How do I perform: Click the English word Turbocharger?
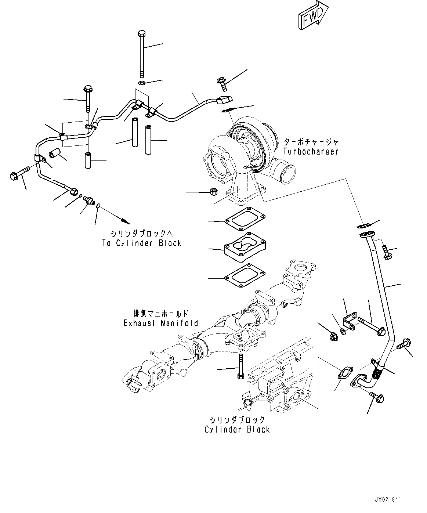click(311, 151)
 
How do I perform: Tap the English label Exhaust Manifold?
click(161, 323)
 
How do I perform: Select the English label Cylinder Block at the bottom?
click(237, 429)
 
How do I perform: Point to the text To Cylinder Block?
click(141, 243)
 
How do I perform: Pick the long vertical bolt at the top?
click(142, 53)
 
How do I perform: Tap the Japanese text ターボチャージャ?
click(311, 142)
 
